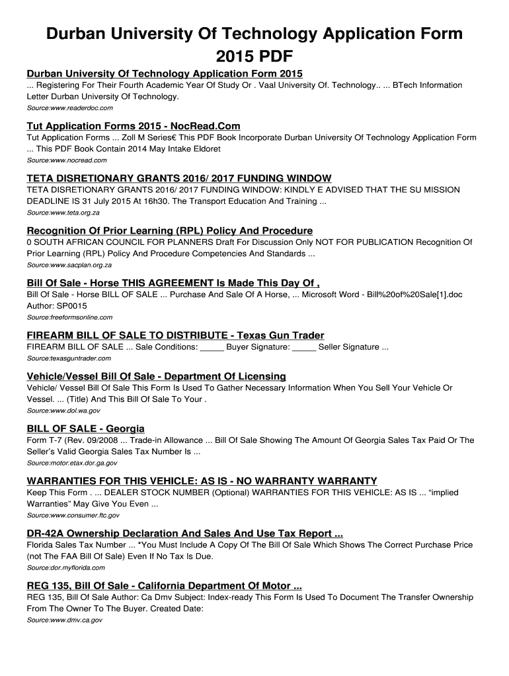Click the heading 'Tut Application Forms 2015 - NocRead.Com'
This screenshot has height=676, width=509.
[133, 125]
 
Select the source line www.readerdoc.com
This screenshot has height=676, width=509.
[69, 108]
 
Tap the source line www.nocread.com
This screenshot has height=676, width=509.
[66, 160]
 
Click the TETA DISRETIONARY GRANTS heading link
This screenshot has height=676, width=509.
[178, 178]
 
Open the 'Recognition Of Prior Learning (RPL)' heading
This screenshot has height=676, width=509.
[169, 230]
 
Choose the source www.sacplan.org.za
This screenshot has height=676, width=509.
[69, 265]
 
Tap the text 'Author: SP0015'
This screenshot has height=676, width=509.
[57, 306]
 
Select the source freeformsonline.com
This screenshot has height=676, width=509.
[69, 318]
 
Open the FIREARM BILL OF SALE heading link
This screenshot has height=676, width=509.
[175, 335]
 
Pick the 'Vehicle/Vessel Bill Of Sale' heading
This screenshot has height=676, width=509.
[156, 376]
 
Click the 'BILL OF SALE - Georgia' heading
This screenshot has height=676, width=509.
[85, 428]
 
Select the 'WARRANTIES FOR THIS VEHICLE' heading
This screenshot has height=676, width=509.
[202, 481]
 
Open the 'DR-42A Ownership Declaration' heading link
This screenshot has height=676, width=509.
[184, 533]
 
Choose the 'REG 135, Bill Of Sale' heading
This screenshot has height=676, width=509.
[164, 586]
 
